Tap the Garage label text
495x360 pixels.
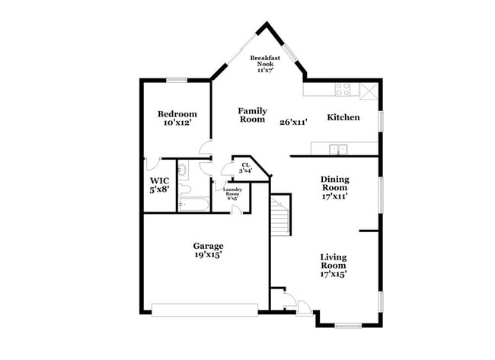207,246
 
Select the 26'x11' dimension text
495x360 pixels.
292,122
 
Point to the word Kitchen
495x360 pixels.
343,117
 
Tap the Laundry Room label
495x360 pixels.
232,193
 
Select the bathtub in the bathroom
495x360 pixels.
193,204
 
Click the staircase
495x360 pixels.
281,215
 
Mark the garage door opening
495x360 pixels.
205,309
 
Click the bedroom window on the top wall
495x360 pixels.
177,79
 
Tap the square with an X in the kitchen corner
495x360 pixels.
369,89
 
